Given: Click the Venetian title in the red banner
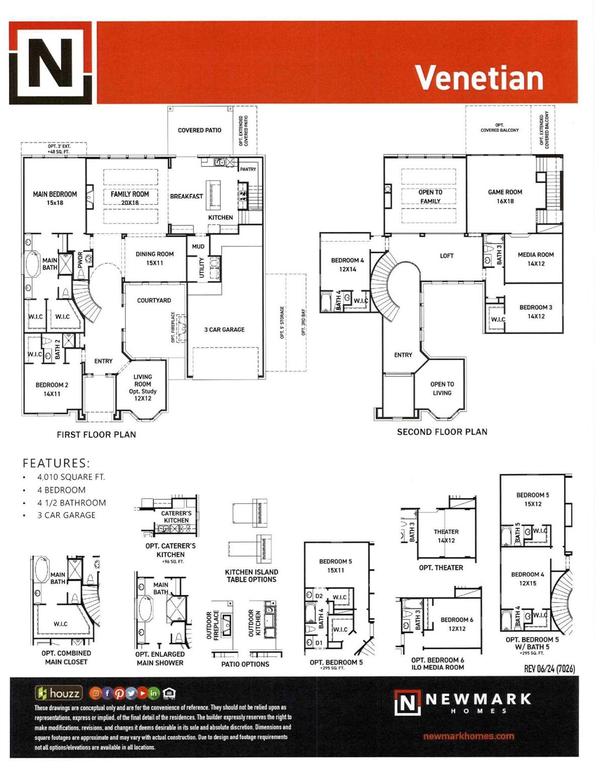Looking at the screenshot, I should (479, 78).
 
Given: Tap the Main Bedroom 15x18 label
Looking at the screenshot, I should (55, 198).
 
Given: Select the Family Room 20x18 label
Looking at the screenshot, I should (130, 198).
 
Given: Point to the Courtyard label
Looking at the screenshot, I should (154, 301).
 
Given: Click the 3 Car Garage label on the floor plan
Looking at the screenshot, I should (224, 330).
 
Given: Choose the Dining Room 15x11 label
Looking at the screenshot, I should (154, 258).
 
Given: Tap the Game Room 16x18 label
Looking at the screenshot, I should (505, 196).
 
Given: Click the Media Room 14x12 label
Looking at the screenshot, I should (536, 259).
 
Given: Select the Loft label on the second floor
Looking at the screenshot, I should (447, 256).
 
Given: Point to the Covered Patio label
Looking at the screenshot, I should (199, 130).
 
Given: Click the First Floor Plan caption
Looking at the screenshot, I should (96, 435).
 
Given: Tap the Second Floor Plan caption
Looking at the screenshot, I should (442, 432).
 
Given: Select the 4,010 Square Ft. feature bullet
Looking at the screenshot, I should (71, 477).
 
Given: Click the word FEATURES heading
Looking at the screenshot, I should (56, 463).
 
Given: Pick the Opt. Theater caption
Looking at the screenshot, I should (441, 567).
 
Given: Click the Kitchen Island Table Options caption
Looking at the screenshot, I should (251, 575).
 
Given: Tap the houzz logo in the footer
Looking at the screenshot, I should (58, 694).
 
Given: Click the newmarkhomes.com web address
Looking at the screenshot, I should (469, 736).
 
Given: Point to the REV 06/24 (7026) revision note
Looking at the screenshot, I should (549, 668).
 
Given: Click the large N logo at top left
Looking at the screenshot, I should (51, 63).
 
